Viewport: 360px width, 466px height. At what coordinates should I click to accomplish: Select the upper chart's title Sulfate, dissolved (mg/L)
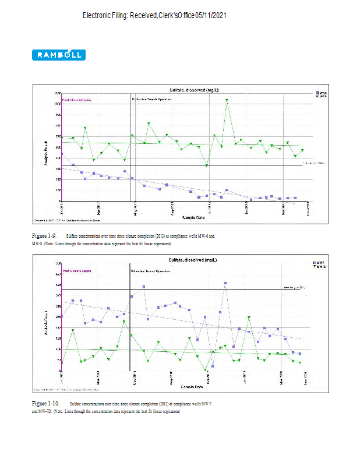(x=194, y=90)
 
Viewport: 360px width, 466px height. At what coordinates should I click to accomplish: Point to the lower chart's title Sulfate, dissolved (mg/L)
(x=194, y=259)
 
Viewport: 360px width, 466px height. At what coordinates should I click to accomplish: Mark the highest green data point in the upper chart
(x=227, y=100)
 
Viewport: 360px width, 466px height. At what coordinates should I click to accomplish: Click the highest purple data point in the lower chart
(x=225, y=283)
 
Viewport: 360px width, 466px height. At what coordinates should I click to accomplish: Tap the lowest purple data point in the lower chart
(x=213, y=366)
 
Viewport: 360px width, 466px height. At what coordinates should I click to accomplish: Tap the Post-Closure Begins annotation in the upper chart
(x=76, y=100)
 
